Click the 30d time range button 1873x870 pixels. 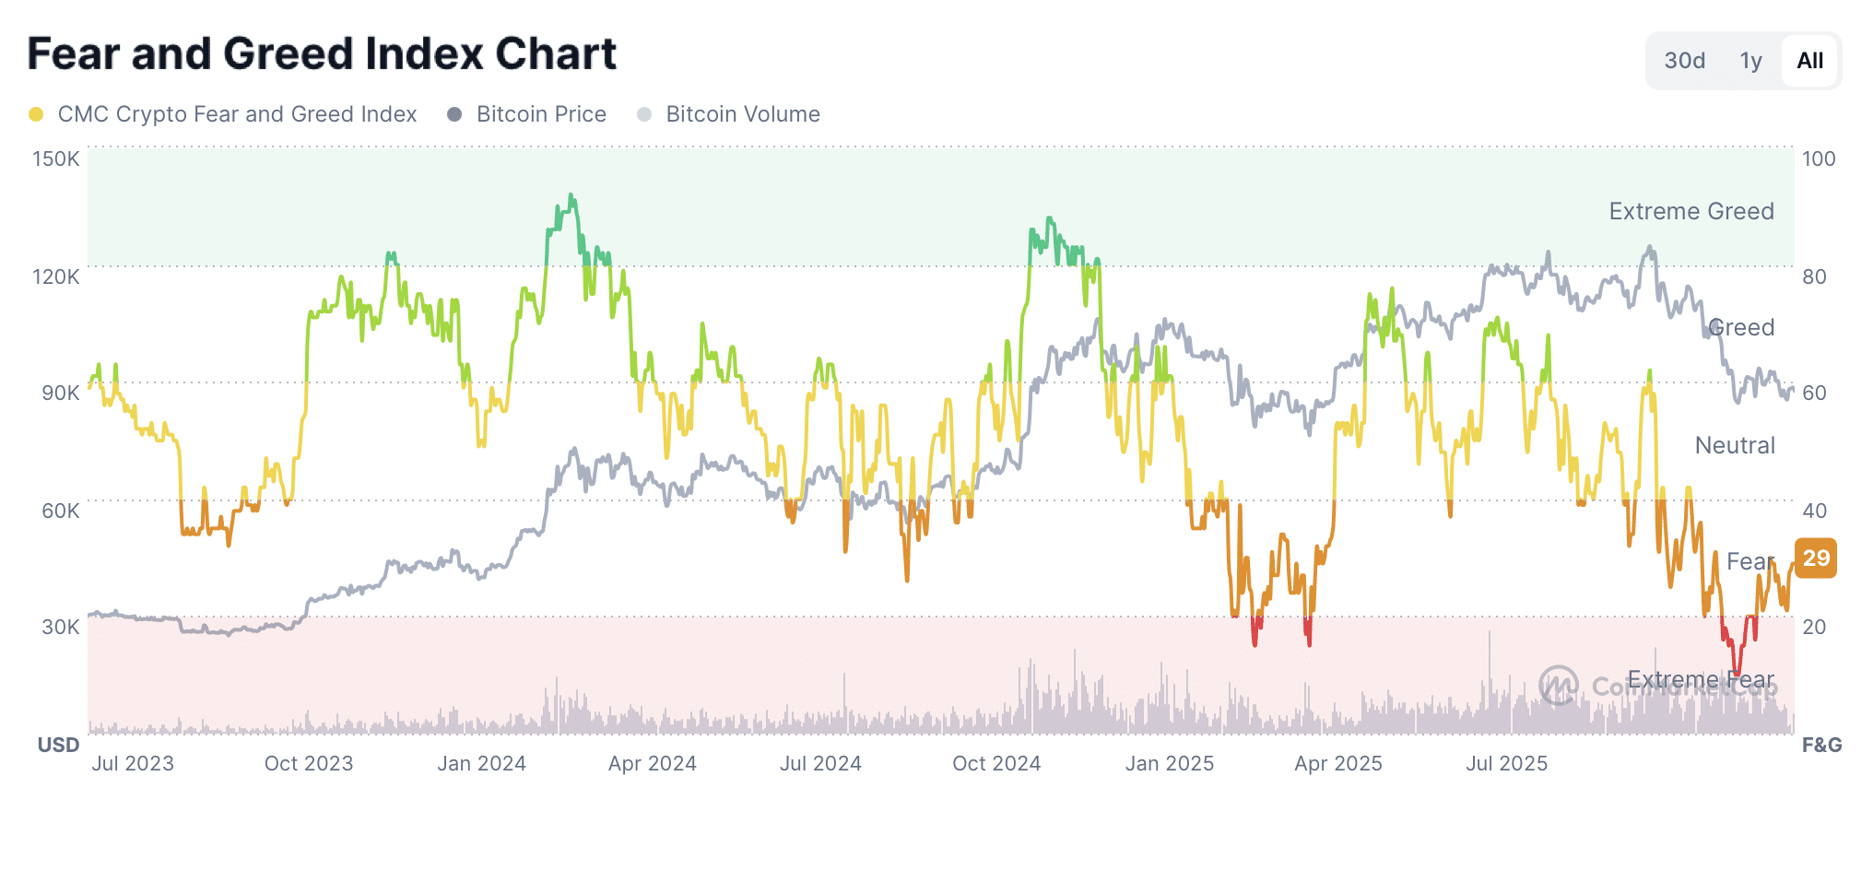point(1684,61)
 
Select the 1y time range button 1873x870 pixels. point(1750,61)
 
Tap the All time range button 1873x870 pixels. point(1809,61)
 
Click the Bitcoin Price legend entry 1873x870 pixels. point(540,114)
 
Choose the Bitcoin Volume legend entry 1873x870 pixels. point(742,114)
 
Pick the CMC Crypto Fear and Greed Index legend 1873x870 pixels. point(236,114)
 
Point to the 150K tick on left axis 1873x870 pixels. point(56,159)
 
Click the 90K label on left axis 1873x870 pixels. point(60,393)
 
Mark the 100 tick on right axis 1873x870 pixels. point(1819,159)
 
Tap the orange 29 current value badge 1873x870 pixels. point(1816,558)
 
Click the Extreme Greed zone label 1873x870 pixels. point(1690,211)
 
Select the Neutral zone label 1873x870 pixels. point(1734,445)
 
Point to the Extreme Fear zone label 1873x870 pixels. point(1700,680)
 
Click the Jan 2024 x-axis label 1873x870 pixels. point(481,763)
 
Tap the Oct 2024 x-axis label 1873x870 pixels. point(995,763)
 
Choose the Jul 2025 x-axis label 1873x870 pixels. point(1506,763)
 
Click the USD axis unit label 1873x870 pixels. point(58,745)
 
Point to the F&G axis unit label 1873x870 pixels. point(1821,745)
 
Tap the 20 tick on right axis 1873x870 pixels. point(1814,627)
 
